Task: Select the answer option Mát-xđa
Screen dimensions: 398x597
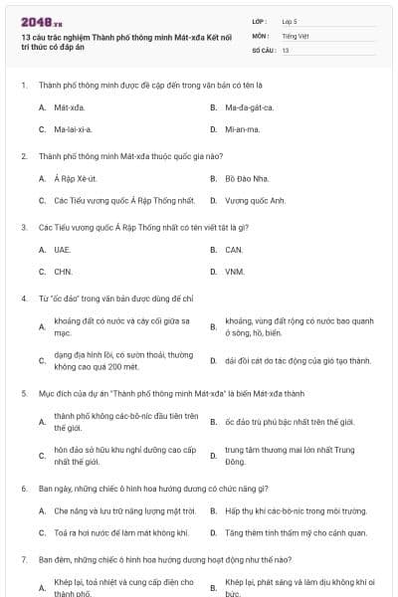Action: [x=68, y=107]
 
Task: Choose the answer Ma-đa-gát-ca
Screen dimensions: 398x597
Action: [x=248, y=107]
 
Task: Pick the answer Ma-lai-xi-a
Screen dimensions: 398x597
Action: [x=73, y=129]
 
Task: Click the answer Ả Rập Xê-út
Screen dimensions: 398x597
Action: [x=75, y=178]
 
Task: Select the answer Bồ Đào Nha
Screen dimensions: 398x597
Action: [x=245, y=178]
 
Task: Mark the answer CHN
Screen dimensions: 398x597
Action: [x=64, y=271]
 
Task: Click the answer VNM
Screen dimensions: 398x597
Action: [x=235, y=271]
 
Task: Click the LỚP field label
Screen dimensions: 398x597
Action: [x=260, y=20]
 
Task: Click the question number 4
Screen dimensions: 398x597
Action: [x=23, y=298]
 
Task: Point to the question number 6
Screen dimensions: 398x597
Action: [x=23, y=490]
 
